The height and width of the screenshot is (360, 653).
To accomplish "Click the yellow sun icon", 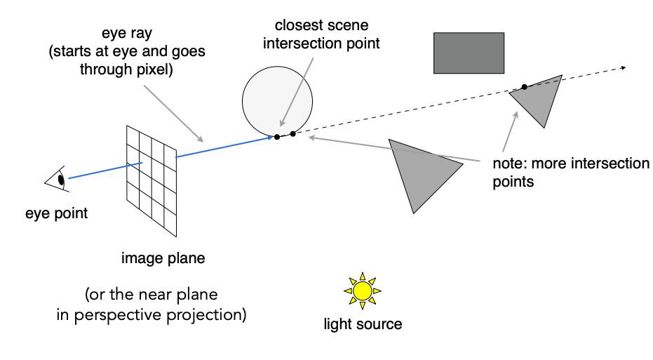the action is coord(363,291).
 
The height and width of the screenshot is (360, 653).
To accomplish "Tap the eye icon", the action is coord(58,179).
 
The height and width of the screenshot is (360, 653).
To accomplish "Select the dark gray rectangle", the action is coord(469,53).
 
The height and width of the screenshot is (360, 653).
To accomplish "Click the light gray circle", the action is coord(277,102).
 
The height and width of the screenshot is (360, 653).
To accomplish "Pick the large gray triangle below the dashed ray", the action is coord(422,173).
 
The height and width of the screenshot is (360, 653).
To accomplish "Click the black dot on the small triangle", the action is coord(525,87).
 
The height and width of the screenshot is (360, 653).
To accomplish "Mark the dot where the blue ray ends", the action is coord(277,137).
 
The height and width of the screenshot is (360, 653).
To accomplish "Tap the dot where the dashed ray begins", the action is coord(292,134).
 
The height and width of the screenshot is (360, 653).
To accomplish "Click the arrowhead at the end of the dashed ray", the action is coord(624,67).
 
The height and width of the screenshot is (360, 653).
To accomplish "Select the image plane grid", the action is coord(152,181).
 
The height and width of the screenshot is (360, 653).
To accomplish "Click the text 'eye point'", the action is coord(57,213).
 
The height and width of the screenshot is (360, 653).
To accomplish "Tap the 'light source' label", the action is coord(363,324).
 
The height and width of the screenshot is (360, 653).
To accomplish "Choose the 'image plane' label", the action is coord(163,258).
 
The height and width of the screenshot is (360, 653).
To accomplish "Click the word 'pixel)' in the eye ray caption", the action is coord(154,69).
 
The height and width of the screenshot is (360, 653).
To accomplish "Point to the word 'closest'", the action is coord(295,25).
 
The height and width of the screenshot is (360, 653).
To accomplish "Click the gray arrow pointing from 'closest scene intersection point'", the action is coord(297,92).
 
